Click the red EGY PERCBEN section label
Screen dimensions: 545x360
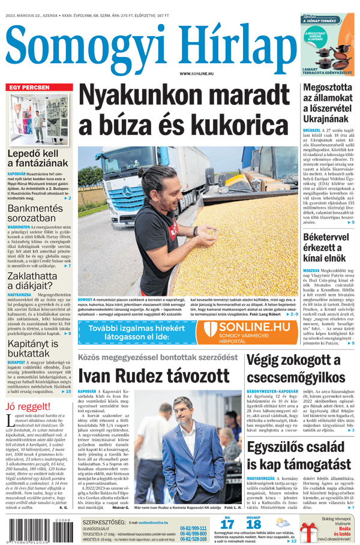click(29, 88)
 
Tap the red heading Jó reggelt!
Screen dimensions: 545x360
click(28, 406)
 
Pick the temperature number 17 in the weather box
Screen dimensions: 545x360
click(227, 524)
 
